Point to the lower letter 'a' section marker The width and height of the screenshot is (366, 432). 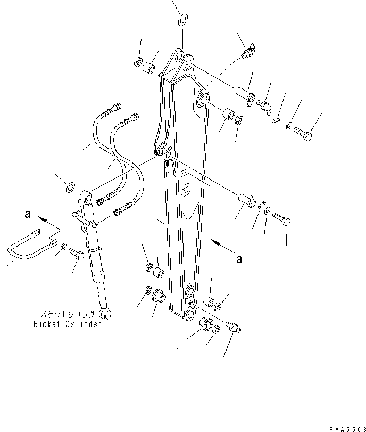click(x=239, y=259)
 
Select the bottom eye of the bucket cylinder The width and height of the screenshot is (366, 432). click(x=105, y=315)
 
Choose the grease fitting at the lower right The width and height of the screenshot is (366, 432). click(x=234, y=327)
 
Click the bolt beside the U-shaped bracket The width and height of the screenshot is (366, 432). click(x=78, y=257)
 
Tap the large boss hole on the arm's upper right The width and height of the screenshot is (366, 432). click(x=203, y=99)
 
